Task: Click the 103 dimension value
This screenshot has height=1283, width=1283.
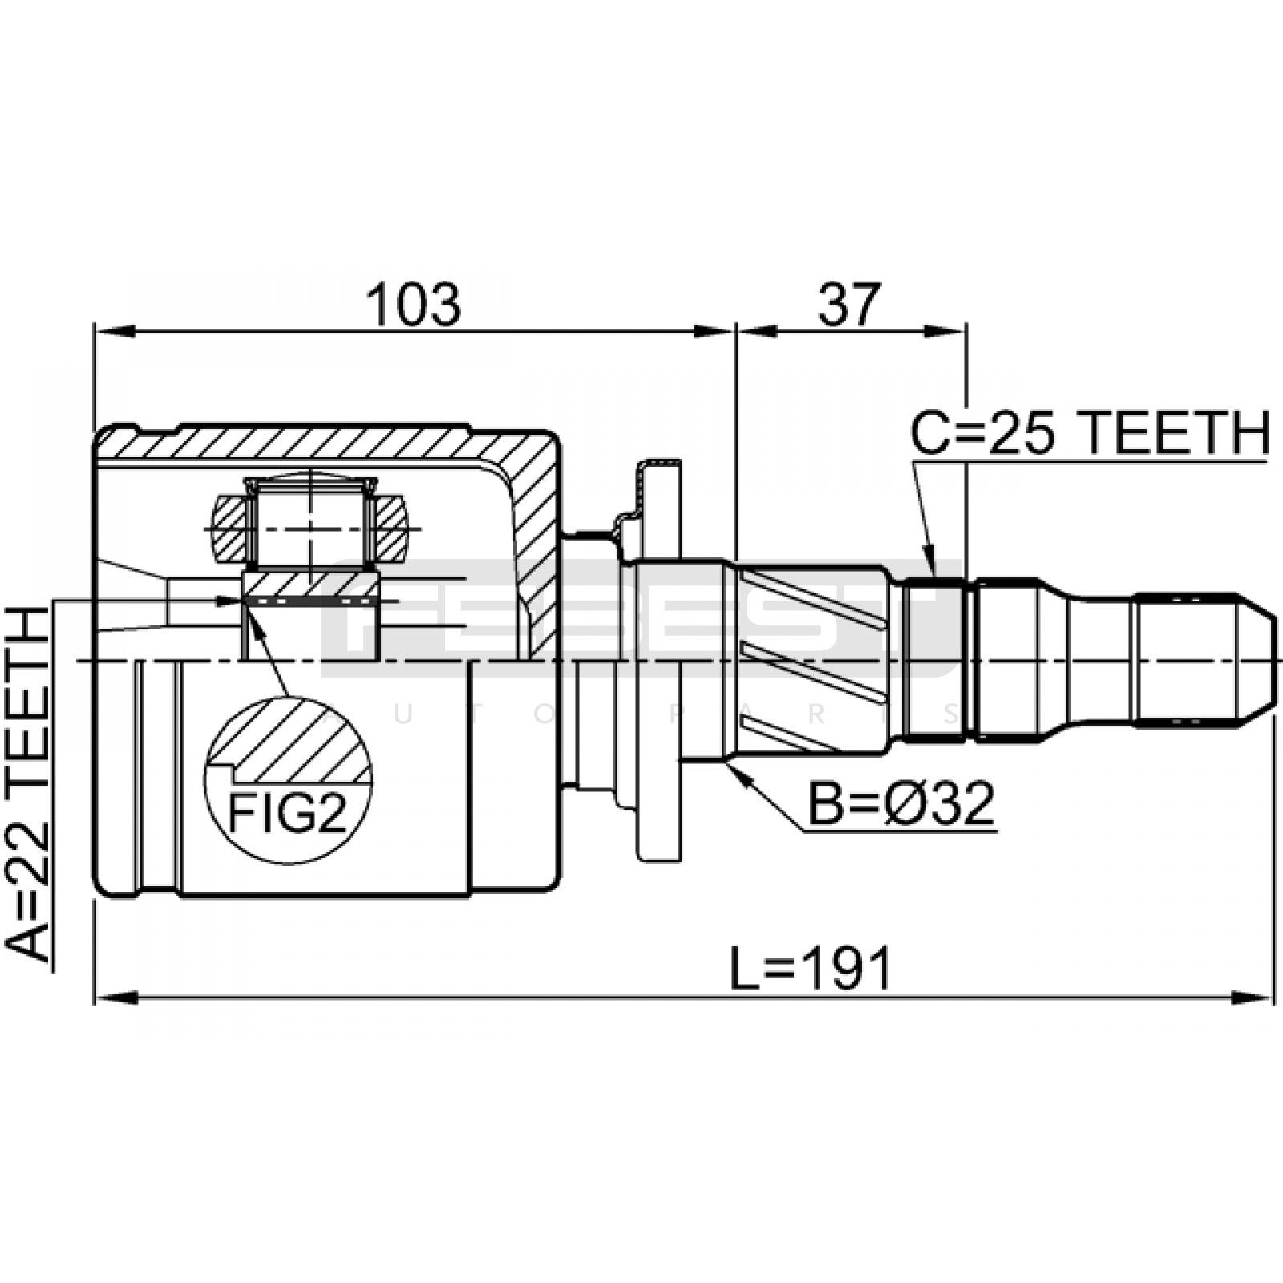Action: point(414,305)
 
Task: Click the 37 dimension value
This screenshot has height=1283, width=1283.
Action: point(849,305)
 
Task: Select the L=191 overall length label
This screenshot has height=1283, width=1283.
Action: point(811,969)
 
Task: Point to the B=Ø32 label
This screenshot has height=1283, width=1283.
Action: point(901,804)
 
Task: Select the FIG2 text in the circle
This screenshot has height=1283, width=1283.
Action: point(288,814)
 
